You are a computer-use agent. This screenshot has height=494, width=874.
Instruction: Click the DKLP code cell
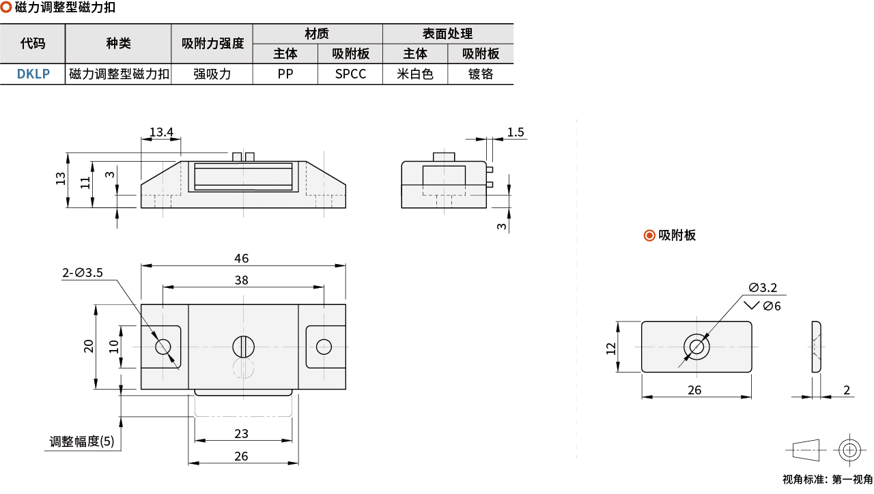[x=33, y=74]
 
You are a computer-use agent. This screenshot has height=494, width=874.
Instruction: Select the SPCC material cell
[x=350, y=74]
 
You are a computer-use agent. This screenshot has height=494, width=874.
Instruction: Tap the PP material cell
[x=285, y=74]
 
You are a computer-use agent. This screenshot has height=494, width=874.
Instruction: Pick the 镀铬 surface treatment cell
[x=480, y=74]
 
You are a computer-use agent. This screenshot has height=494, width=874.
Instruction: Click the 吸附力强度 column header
[x=212, y=43]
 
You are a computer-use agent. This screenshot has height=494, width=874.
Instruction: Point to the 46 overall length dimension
[x=241, y=258]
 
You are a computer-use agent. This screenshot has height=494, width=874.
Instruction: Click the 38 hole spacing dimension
[x=241, y=280]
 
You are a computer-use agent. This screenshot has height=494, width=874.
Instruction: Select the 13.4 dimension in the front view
[x=161, y=132]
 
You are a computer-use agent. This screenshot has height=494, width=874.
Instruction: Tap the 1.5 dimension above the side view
[x=515, y=132]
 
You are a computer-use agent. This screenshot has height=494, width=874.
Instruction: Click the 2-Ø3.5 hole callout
[x=83, y=272]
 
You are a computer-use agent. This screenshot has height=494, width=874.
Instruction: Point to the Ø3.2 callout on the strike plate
[x=763, y=288]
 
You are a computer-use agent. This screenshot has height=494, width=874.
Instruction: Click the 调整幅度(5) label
[x=81, y=441]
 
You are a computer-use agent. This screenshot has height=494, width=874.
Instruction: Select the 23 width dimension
[x=241, y=433]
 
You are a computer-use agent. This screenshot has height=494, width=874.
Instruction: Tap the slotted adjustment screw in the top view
[x=243, y=347]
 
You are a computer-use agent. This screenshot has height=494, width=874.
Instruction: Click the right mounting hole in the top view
[x=324, y=347]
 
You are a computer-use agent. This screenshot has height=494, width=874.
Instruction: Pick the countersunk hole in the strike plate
[x=697, y=347]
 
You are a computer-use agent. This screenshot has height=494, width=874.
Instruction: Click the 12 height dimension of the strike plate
[x=610, y=348]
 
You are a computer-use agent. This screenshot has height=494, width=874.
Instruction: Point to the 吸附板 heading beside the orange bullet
[x=677, y=235]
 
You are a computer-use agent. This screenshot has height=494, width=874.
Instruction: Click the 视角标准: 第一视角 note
[x=827, y=479]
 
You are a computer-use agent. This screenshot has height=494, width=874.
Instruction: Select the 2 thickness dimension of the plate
[x=846, y=390]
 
